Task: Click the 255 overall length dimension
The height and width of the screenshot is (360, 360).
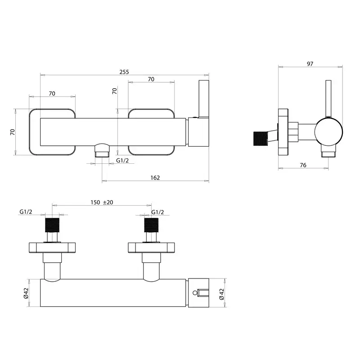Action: coord(124,72)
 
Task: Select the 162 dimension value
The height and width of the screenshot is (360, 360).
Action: coord(155,178)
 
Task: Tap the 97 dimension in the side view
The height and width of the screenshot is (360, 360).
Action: coord(310,64)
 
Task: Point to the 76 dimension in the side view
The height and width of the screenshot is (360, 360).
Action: coord(303,165)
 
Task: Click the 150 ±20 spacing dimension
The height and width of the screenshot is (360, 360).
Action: coord(102,202)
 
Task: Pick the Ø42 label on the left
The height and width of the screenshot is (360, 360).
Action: coord(26,293)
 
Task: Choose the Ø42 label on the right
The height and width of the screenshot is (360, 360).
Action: coord(221,294)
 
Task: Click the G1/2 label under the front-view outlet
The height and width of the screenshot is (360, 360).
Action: coord(122,161)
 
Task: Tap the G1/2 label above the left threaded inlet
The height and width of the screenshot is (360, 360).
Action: coord(26,211)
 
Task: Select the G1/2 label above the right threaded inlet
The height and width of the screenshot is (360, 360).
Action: coord(157,212)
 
